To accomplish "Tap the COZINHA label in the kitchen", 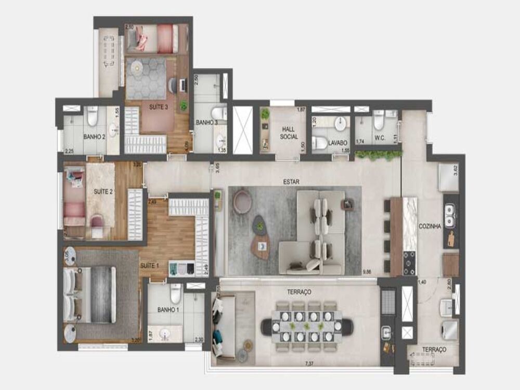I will tap(430, 226).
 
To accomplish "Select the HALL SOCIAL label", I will tap(289, 133).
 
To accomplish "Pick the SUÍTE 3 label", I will tap(159, 108).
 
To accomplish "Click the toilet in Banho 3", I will tap(220, 112).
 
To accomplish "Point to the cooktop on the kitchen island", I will tap(410, 263).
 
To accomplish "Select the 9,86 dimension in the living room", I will tap(368, 271).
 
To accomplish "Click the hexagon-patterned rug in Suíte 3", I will tap(146, 78).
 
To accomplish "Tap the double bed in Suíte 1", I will tap(89, 294).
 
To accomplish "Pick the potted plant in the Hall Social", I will tap(265, 113).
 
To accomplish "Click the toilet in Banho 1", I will tap(176, 294).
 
